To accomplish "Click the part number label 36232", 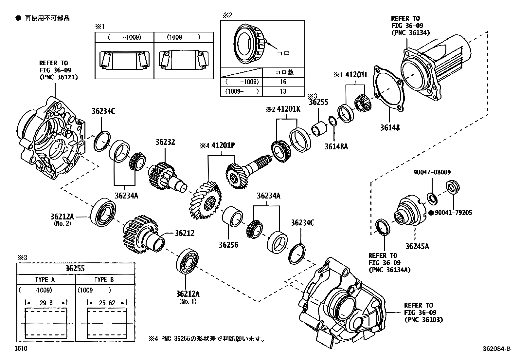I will [165, 142].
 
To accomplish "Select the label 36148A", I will [336, 147].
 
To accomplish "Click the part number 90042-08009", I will [431, 172].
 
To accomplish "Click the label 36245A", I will [417, 246].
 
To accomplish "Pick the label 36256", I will [228, 245].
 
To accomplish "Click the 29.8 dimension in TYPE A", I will [46, 303].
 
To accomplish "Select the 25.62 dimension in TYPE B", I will [107, 303].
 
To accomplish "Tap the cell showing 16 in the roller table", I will [283, 82].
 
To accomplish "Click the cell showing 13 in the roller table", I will [283, 91].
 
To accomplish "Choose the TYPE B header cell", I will [104, 280].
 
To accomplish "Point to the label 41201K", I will [288, 109].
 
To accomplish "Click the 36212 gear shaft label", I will [184, 233].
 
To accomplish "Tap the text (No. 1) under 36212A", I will [188, 301].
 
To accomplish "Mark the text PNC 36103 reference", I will [423, 319].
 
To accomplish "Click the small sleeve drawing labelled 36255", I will [318, 128].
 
